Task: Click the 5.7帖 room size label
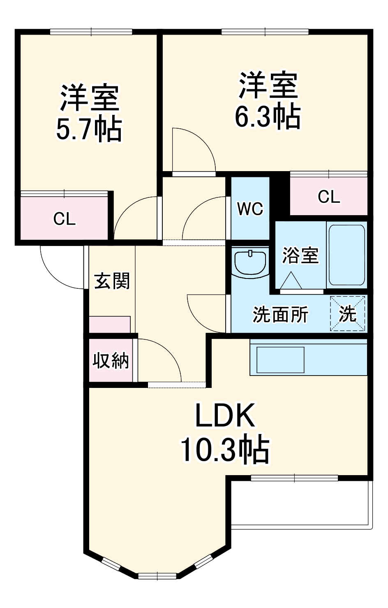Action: pos(89,130)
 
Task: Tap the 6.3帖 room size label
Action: pos(268,117)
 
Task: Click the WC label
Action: pos(250,209)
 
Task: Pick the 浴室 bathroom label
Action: pos(300,255)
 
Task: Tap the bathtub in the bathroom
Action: pos(346,255)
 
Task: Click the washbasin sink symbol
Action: pos(250,262)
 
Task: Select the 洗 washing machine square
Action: pos(348,313)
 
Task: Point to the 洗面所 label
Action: pos(280,315)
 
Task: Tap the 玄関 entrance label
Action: pos(112,281)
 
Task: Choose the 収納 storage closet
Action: pos(110,361)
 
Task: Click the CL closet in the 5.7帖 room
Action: pos(65,218)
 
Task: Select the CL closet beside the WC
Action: pos(328,197)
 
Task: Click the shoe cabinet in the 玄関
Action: pos(110,325)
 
